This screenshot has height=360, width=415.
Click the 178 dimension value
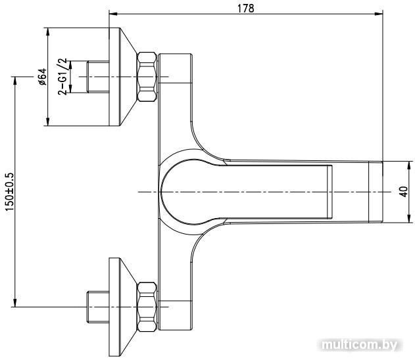point(245,8)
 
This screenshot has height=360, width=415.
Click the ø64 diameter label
point(42,77)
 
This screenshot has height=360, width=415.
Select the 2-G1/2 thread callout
point(62,77)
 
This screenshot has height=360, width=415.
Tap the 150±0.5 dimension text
point(9,192)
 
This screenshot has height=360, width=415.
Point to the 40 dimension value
point(404,192)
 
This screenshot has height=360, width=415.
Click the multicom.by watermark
point(360,345)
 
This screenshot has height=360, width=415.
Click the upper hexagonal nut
point(147,77)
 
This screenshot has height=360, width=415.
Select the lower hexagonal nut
point(147,307)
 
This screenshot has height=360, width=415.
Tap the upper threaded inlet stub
point(98,77)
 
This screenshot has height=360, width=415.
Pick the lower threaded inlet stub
point(98,307)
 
